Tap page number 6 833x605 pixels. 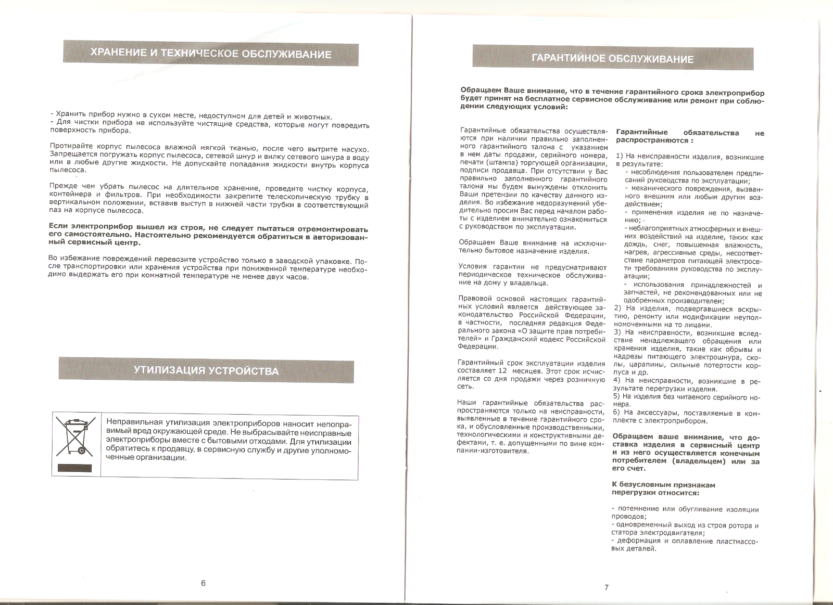point(204,583)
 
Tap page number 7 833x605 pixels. point(607,587)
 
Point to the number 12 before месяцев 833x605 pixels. point(502,371)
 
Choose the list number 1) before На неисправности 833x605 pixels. point(620,157)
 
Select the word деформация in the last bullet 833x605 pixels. point(639,541)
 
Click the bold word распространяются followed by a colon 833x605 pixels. point(651,140)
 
